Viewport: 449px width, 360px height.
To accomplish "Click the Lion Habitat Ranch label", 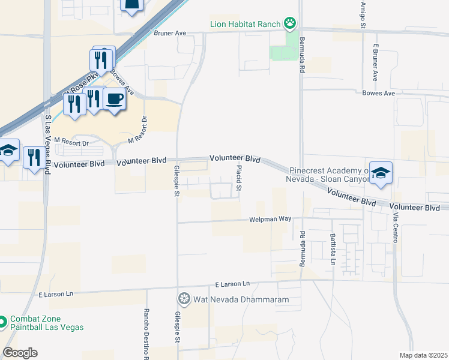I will point(245,25).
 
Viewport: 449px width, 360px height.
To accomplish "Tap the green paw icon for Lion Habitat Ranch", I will point(291,24).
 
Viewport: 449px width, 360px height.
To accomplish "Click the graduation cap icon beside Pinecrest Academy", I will point(381,173).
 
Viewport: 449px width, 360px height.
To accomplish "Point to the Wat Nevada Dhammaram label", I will point(241,299).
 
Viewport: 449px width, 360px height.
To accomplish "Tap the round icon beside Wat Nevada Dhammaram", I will point(184,299).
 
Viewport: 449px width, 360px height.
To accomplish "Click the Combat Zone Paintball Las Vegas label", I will point(46,323).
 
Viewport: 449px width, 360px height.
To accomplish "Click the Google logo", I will point(20,353).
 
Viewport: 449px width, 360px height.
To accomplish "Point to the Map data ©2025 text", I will point(423,355).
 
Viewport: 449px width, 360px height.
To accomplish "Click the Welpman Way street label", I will point(270,220).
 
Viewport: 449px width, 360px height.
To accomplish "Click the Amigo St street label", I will point(363,14).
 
